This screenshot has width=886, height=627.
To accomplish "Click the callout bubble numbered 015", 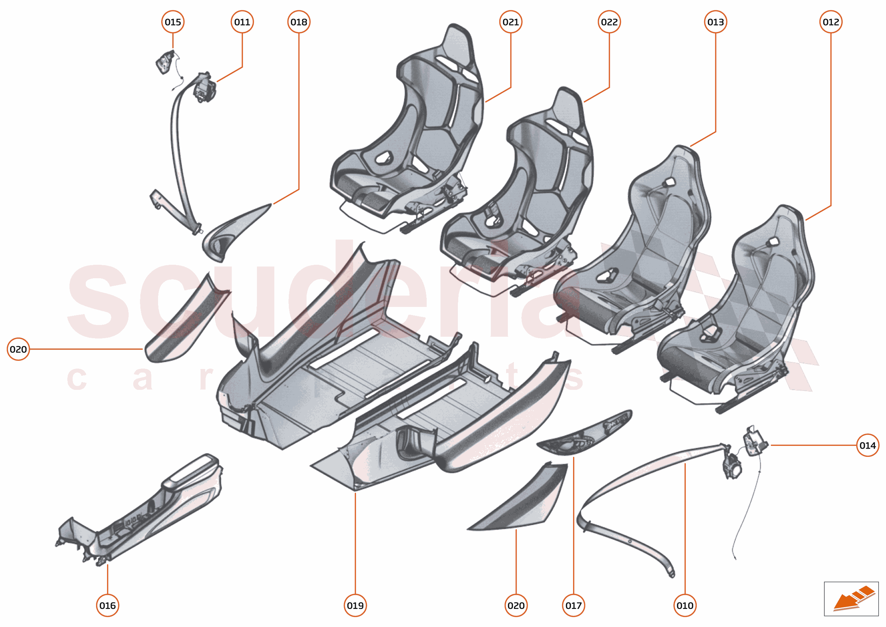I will point(173,22).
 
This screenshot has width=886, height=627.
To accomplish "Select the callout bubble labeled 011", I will point(242,22).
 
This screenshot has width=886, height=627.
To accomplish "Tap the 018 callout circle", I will point(299,22).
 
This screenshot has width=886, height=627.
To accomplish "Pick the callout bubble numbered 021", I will point(510,22).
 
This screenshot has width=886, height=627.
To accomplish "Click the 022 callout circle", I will point(609,22).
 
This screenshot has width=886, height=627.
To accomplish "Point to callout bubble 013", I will point(716,22).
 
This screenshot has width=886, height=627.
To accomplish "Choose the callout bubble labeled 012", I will point(831,22).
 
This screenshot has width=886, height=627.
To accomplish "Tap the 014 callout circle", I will point(868,445).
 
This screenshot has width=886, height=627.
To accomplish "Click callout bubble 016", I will point(107,605).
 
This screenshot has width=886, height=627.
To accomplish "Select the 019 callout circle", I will point(355,605).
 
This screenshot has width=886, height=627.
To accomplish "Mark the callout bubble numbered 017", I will point(573,605).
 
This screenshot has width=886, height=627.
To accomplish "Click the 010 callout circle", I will point(685,605).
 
